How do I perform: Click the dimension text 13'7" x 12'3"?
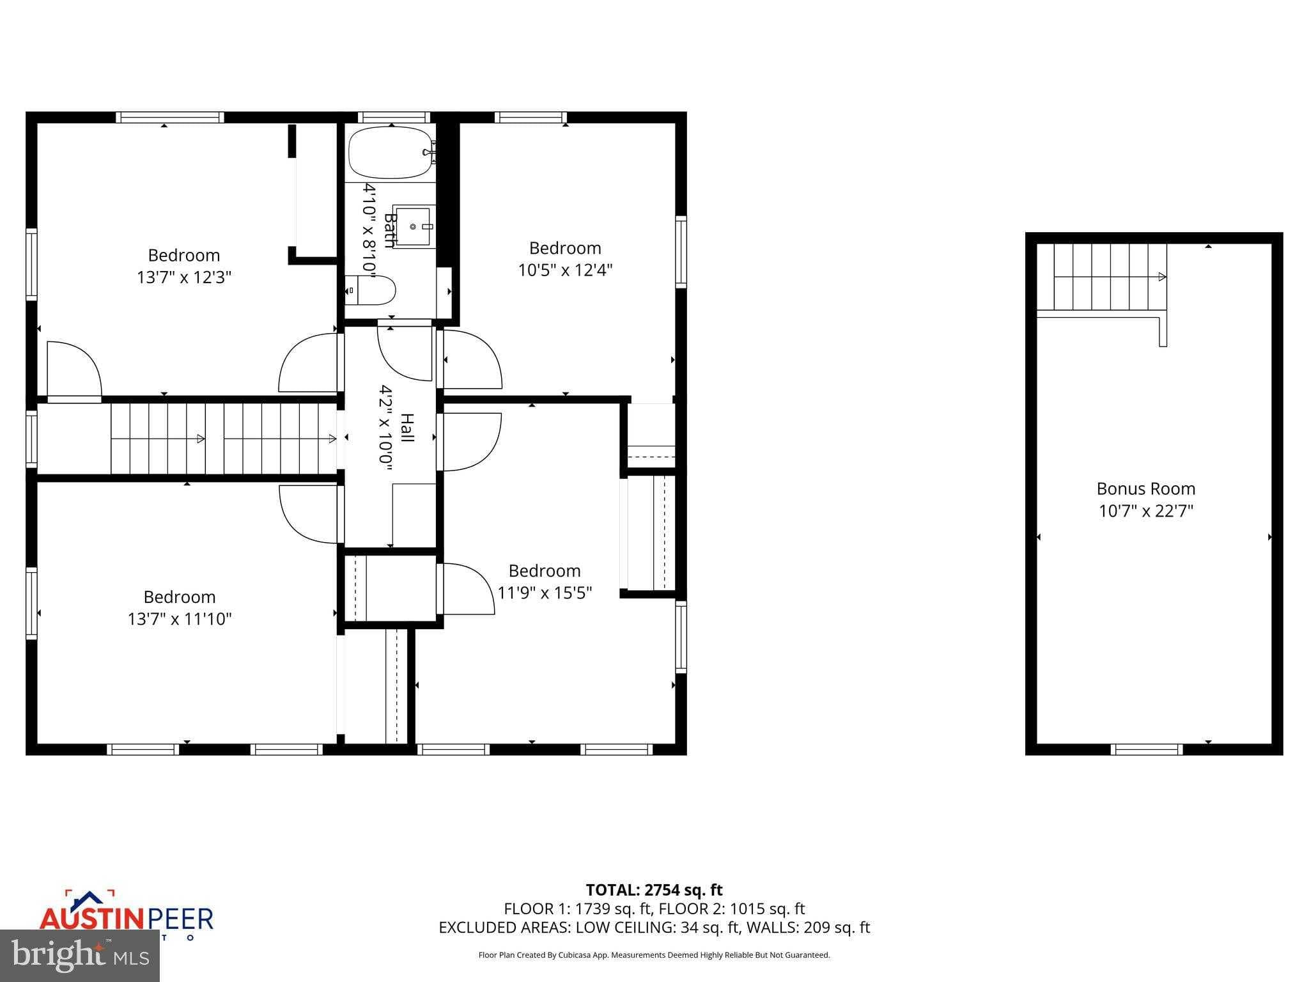coord(184,277)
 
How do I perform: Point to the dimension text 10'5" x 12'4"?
coord(565,270)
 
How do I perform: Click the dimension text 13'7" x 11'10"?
coord(180,619)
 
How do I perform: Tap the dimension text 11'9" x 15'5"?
coord(545,593)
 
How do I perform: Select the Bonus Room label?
coord(1146,488)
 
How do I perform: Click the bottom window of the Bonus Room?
coord(1147,749)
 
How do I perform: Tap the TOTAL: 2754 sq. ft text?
coord(654,890)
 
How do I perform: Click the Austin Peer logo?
coord(126,917)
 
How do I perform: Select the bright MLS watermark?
coord(80,956)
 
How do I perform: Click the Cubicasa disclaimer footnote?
coord(654,955)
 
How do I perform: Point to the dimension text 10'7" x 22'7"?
coord(1146,511)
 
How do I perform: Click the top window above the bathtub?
coord(394,117)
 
